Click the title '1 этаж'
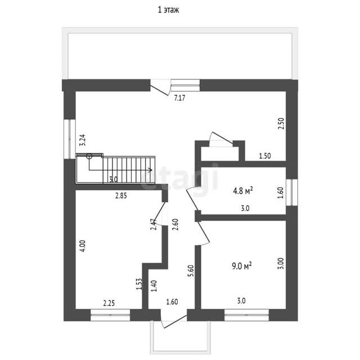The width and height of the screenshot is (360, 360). click(168, 10)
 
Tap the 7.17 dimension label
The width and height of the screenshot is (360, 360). click(179, 98)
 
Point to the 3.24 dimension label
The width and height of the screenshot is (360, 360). click(83, 140)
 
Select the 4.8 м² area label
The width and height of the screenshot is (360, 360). click(243, 191)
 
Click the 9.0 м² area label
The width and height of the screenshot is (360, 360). click(242, 266)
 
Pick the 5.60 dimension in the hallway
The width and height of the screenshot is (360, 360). click(191, 271)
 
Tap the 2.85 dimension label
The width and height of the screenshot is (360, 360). click(121, 196)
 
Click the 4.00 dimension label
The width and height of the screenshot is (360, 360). click(83, 246)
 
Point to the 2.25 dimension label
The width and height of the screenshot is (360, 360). click(109, 303)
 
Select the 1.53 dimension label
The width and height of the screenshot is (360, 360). click(139, 284)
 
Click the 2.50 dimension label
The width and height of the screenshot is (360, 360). click(281, 124)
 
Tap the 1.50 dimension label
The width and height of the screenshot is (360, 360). click(265, 156)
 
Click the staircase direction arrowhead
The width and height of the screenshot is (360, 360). click(150, 170)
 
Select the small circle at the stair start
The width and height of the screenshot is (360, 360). click(89, 156)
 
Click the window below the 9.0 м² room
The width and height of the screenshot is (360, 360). click(246, 315)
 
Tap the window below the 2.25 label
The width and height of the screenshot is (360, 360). click(110, 315)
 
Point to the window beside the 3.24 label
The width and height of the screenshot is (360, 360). click(70, 139)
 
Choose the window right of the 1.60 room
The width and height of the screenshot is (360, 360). click(292, 192)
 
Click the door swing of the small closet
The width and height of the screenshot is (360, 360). click(221, 138)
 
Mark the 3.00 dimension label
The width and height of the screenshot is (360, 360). click(281, 263)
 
